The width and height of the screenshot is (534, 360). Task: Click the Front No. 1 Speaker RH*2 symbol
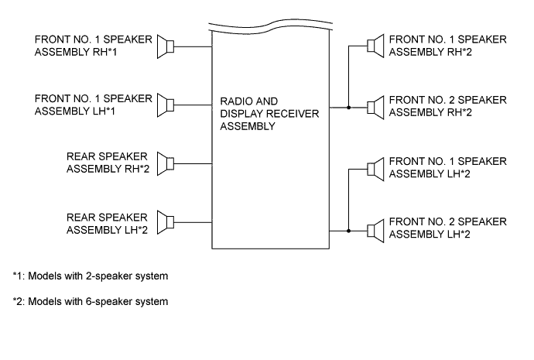point(375,46)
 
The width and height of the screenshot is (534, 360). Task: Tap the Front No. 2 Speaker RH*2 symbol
point(375,105)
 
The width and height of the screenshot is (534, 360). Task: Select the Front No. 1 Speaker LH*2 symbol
point(375,168)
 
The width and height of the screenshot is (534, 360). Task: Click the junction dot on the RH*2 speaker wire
point(349,106)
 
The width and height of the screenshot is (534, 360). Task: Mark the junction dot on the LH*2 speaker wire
point(349,229)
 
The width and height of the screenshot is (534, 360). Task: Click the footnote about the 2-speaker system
point(91,276)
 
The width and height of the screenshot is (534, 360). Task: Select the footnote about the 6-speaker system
point(91,301)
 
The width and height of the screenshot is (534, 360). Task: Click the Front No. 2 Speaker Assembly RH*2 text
point(447,106)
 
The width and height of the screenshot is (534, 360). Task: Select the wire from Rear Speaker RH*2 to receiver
point(193,164)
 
